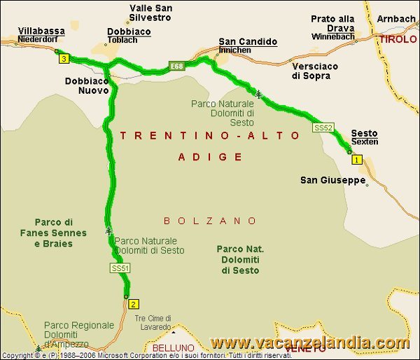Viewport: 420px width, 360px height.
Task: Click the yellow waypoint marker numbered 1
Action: pos(357,160)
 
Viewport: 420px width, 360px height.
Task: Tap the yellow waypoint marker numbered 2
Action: pos(134,304)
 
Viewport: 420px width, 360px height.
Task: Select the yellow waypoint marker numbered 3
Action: pos(64,60)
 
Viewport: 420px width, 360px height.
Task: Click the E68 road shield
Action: pos(176,67)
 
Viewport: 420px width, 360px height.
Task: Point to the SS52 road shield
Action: pos(322,128)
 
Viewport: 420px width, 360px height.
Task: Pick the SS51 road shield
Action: pos(120,268)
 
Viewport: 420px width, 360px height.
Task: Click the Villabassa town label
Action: pos(41,32)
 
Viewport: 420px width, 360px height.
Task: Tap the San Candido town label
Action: pos(248,41)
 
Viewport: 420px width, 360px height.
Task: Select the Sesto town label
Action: pos(364,133)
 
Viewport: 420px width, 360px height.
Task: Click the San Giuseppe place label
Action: pos(333,180)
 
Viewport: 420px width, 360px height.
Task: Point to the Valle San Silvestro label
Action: pos(150,13)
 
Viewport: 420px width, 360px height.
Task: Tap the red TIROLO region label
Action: pos(398,39)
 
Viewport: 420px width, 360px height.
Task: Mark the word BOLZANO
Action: pos(211,221)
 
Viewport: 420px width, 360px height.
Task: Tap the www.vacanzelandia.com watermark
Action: pos(310,343)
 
